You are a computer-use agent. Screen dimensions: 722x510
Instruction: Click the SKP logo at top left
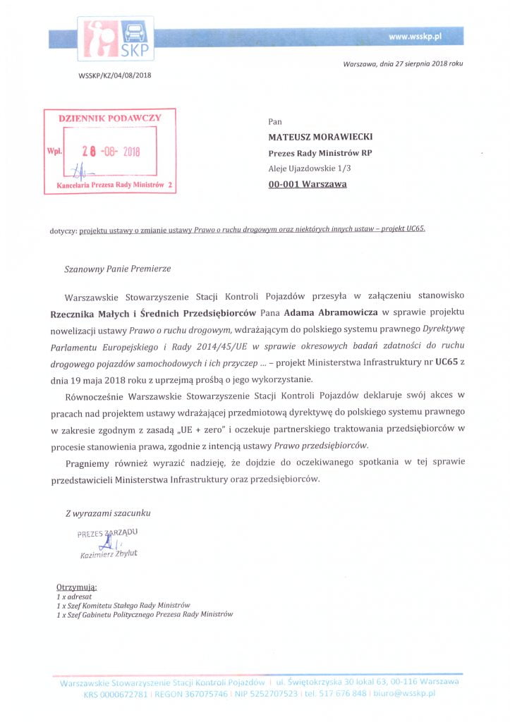click(x=116, y=39)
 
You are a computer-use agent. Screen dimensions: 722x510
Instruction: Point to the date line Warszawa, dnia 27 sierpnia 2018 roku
click(x=403, y=64)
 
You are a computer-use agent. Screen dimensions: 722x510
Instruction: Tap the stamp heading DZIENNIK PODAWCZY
click(x=109, y=118)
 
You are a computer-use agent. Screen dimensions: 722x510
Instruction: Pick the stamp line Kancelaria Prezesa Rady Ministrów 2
click(x=109, y=185)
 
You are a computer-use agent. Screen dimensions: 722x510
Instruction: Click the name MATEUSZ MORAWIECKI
click(x=320, y=137)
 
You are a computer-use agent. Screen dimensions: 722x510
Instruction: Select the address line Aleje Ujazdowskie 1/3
click(x=309, y=169)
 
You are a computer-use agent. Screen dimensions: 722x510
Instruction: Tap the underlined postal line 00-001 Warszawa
click(x=307, y=185)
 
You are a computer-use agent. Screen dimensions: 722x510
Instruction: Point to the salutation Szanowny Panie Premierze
click(x=117, y=269)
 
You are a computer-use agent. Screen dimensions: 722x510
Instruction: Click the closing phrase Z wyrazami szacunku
click(x=107, y=513)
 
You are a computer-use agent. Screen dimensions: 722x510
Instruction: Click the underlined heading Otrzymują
click(x=77, y=587)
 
